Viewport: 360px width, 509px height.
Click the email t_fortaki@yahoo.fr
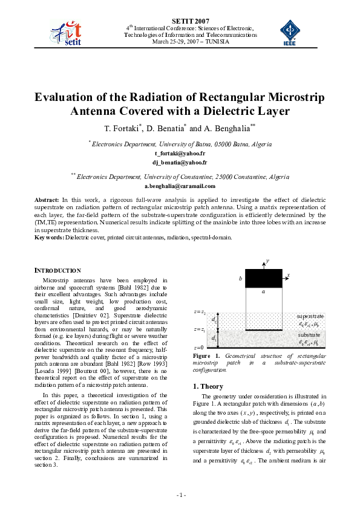pyautogui.click(x=180, y=154)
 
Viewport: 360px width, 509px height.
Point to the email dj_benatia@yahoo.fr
pyautogui.click(x=180, y=163)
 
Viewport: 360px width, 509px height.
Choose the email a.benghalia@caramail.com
pyautogui.click(x=180, y=186)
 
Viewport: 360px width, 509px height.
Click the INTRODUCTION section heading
pyautogui.click(x=57, y=270)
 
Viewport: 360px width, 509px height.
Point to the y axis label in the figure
pyautogui.click(x=267, y=261)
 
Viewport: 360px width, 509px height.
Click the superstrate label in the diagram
pyautogui.click(x=310, y=316)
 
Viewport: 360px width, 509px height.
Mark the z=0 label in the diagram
pyautogui.click(x=199, y=348)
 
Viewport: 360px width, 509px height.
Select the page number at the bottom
pyautogui.click(x=180, y=496)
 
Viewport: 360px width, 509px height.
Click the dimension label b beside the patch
pyautogui.click(x=241, y=279)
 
